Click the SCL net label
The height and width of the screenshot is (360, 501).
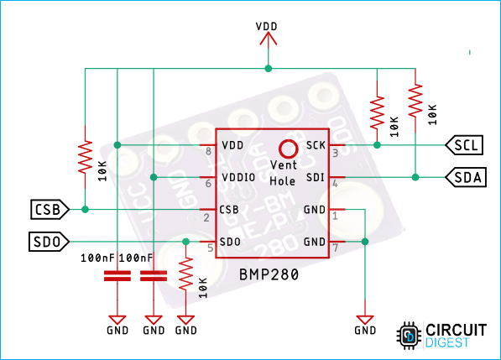pos(465,145)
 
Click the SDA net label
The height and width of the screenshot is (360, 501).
pos(465,177)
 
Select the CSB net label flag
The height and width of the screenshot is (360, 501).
pos(47,208)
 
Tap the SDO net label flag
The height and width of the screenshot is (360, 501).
pos(47,242)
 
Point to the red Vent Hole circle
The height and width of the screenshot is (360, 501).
pos(289,149)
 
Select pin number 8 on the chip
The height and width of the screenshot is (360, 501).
pos(208,151)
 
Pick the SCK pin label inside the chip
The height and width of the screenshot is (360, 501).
pos(316,145)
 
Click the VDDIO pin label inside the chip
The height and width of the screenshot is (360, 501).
pos(238,177)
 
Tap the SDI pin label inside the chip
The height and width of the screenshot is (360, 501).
pos(316,177)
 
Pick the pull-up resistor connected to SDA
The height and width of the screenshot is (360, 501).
pos(415,100)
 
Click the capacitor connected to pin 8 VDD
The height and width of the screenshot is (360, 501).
pos(116,277)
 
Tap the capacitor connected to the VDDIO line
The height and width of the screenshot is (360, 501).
pos(153,277)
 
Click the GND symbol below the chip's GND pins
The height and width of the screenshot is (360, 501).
pos(365,321)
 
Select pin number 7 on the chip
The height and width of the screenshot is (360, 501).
pos(334,248)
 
